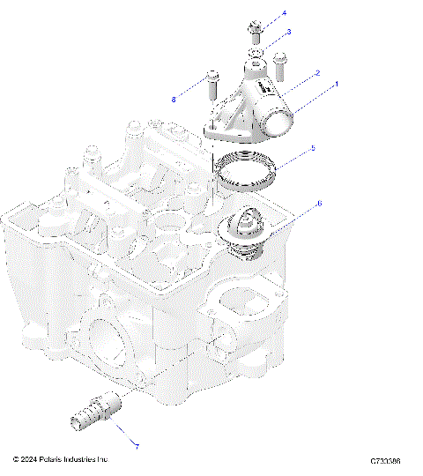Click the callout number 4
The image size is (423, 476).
[x=284, y=15]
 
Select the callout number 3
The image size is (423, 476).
[x=288, y=32]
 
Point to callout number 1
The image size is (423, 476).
[x=336, y=86]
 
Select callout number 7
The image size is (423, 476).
[x=136, y=447]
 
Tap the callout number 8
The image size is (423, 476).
[x=174, y=100]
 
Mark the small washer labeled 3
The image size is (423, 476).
[x=254, y=55]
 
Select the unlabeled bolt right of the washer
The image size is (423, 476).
[x=280, y=64]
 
